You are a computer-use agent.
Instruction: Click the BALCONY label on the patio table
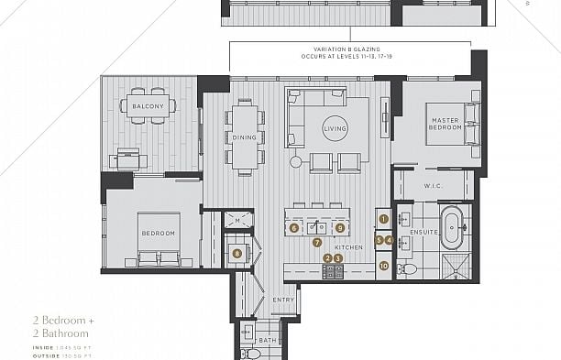coord(148,107)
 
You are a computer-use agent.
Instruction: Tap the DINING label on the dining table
coord(244,137)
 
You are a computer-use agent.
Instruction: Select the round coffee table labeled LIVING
coord(335,131)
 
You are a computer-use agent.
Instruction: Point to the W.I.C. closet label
coord(434,186)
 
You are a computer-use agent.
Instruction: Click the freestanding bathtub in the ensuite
coord(453,228)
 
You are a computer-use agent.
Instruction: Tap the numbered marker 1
coord(384,219)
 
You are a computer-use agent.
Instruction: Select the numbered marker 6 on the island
coord(294,227)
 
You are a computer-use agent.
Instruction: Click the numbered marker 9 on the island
coord(339,227)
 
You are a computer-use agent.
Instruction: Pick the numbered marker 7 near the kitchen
coord(317,243)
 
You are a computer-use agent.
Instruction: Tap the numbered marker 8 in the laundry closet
coord(237,254)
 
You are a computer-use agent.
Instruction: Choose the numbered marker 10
coord(384,266)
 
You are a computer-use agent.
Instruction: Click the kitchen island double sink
coord(317,226)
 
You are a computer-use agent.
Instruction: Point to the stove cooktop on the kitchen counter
coord(333,270)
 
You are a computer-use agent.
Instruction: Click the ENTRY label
coord(283,300)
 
